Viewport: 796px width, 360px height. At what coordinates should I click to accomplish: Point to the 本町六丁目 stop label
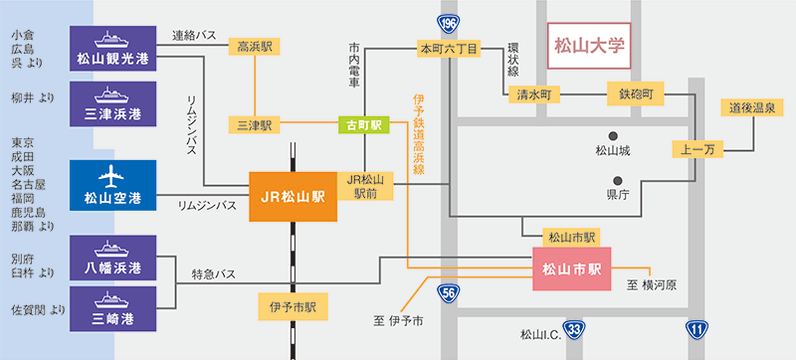[449, 47]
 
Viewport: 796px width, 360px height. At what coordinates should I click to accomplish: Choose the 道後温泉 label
[754, 107]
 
